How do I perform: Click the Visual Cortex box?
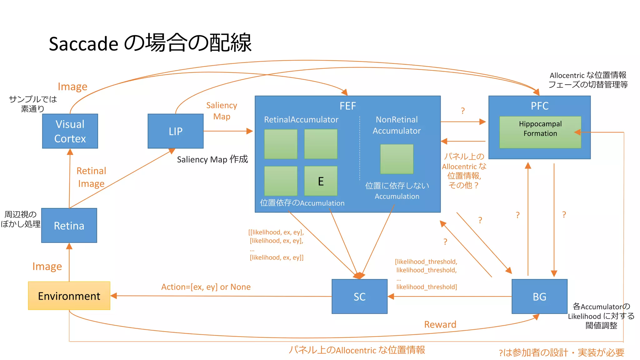coord(70,131)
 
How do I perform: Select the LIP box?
coord(175,131)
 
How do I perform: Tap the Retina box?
coord(69,225)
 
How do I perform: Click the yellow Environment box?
coord(69,296)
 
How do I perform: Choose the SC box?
coord(359,296)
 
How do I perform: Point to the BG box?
coord(539,296)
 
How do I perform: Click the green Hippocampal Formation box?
coord(540,132)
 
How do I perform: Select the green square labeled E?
coord(321,181)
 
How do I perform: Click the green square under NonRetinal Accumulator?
coord(397,159)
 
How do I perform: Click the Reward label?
coord(440,324)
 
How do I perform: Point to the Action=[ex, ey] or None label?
coord(206,287)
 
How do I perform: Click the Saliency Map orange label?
coord(222,111)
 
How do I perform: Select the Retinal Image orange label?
coord(91,177)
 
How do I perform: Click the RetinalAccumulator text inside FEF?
coord(301,120)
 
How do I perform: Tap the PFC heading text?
coord(539,106)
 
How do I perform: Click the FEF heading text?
coord(347,106)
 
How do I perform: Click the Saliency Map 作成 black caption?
coord(212,159)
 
